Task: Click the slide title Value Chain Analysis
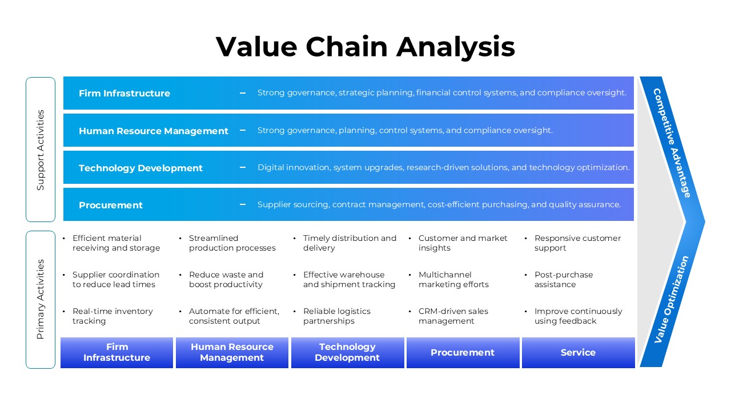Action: click(x=365, y=46)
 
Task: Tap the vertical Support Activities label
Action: click(x=41, y=150)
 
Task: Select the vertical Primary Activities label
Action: click(x=41, y=299)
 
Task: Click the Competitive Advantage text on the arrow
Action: click(x=672, y=143)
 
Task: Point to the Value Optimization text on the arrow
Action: click(x=672, y=299)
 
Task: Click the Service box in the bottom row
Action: click(x=578, y=353)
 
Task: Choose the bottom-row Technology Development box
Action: click(x=347, y=353)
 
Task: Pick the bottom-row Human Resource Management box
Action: click(x=232, y=353)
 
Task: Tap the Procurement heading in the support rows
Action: click(x=111, y=205)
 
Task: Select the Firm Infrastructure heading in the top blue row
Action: click(x=124, y=94)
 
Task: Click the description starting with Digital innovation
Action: click(x=443, y=168)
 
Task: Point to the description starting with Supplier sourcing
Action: click(x=439, y=205)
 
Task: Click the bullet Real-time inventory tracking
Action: click(x=113, y=316)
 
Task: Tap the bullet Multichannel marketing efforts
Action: click(x=453, y=280)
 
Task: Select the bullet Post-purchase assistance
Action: click(x=563, y=280)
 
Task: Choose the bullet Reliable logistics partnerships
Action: click(x=337, y=316)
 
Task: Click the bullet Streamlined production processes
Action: click(x=232, y=243)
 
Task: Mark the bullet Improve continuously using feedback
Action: click(x=578, y=316)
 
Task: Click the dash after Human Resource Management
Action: click(x=243, y=131)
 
